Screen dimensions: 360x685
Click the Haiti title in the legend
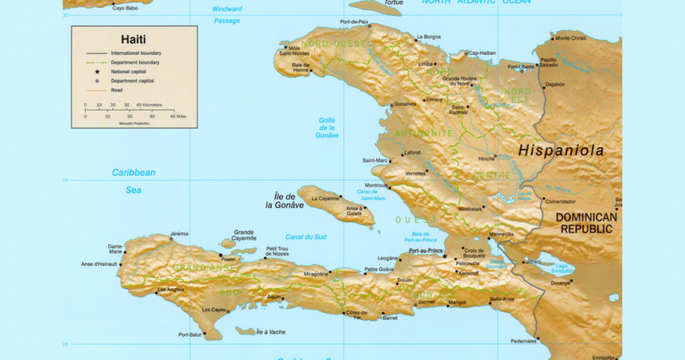134,39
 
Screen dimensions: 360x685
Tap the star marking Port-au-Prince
444,255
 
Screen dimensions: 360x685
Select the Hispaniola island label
561,151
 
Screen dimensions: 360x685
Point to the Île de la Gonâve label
284,201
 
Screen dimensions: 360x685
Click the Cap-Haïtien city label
482,53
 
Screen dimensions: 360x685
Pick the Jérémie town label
179,234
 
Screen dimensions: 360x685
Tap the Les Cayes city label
214,310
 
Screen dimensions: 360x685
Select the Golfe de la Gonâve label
327,128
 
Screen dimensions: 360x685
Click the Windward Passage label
227,15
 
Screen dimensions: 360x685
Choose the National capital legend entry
128,71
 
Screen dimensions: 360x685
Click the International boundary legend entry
136,53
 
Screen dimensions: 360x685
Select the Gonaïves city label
405,104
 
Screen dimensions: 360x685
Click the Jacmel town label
426,302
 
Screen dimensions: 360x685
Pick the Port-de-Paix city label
354,22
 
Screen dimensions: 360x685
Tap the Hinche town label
485,159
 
